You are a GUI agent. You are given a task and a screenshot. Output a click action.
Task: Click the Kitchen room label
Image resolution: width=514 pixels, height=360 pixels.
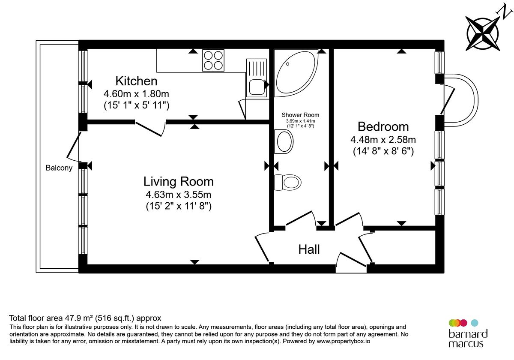136,81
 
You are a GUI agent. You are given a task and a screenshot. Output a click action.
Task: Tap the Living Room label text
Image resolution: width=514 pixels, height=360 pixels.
178,181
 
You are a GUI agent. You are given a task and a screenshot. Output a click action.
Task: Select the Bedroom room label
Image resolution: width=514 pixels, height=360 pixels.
383,126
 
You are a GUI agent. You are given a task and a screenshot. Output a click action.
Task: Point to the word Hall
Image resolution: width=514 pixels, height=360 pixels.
309,249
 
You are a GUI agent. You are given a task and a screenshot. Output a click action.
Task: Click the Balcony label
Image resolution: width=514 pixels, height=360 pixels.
59,168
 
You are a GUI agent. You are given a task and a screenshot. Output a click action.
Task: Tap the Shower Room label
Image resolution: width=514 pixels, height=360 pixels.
300,115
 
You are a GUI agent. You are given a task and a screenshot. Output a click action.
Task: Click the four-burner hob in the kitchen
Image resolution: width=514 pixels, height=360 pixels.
213,60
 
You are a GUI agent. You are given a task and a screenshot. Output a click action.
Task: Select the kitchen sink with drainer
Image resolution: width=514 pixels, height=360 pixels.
256,78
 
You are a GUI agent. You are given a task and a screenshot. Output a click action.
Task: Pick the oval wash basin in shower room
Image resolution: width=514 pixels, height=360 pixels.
284,142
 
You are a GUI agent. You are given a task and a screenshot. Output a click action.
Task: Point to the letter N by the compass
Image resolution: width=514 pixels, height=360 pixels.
501,9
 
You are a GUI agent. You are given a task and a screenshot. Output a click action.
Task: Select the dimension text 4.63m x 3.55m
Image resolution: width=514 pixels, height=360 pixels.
178,195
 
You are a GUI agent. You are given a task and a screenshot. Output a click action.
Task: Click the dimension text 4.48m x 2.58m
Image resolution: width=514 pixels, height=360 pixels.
383,140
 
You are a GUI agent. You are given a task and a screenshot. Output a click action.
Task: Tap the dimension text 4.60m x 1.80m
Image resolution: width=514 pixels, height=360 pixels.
136,93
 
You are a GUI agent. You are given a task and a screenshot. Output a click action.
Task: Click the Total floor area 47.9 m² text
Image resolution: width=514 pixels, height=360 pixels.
85,318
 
